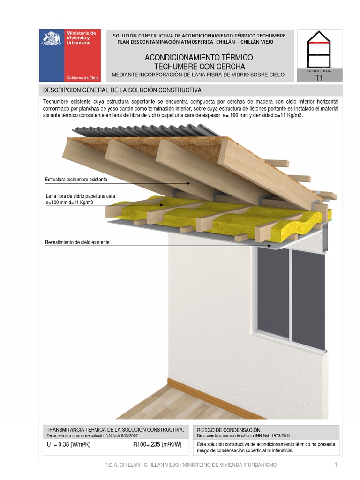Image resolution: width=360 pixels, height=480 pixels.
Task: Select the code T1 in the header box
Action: (319, 78)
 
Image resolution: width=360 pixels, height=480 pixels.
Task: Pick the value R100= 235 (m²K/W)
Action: (157, 445)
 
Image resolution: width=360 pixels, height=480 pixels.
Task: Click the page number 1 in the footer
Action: (336, 465)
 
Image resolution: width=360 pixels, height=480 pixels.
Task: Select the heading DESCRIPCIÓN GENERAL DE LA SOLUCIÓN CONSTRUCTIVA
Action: (122, 90)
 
